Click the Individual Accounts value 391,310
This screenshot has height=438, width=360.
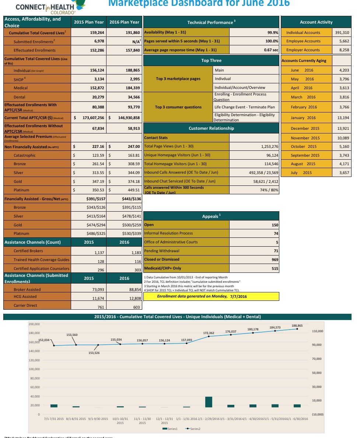pyautogui.click(x=342, y=32)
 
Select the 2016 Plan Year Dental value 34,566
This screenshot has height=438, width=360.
pyautogui.click(x=131, y=97)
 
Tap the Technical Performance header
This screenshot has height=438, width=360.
pyautogui.click(x=211, y=22)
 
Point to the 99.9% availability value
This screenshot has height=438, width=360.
pyautogui.click(x=273, y=32)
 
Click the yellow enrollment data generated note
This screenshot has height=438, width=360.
pyautogui.click(x=211, y=296)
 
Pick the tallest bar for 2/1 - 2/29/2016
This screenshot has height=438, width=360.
pyautogui.click(x=209, y=402)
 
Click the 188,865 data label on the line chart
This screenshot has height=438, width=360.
pyautogui.click(x=297, y=326)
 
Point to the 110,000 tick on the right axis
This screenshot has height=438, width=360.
pyautogui.click(x=317, y=331)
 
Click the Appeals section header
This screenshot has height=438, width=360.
pyautogui.click(x=211, y=216)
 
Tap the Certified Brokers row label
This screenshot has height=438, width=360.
pyautogui.click(x=28, y=251)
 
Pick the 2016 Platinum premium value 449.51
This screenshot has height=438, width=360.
pyautogui.click(x=132, y=190)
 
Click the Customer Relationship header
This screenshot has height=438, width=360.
pyautogui.click(x=211, y=128)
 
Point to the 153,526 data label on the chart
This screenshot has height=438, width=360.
pyautogui.click(x=97, y=353)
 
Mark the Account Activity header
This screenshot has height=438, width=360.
pyautogui.click(x=316, y=22)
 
